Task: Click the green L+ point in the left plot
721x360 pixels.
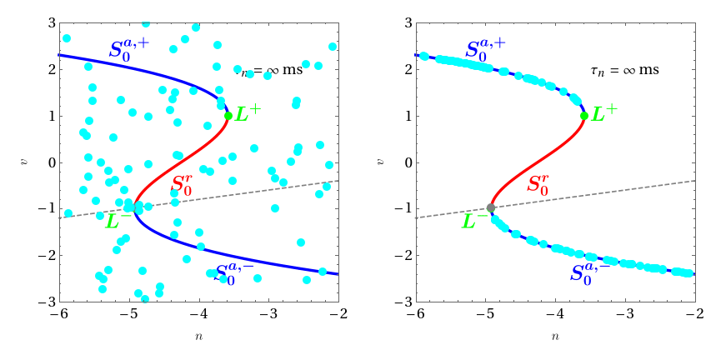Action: tap(228, 116)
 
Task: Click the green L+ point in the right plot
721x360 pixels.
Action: tap(583, 116)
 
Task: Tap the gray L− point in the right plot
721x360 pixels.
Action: tap(491, 208)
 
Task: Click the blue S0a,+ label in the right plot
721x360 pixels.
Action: tap(485, 47)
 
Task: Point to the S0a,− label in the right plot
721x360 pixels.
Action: tap(590, 271)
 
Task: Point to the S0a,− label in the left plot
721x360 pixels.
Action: tap(236, 273)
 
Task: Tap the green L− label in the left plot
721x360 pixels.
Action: tap(118, 221)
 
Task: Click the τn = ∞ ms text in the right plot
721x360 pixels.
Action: tap(624, 70)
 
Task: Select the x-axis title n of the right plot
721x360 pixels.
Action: tap(555, 337)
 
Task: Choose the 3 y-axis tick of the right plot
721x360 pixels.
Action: tap(401, 23)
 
